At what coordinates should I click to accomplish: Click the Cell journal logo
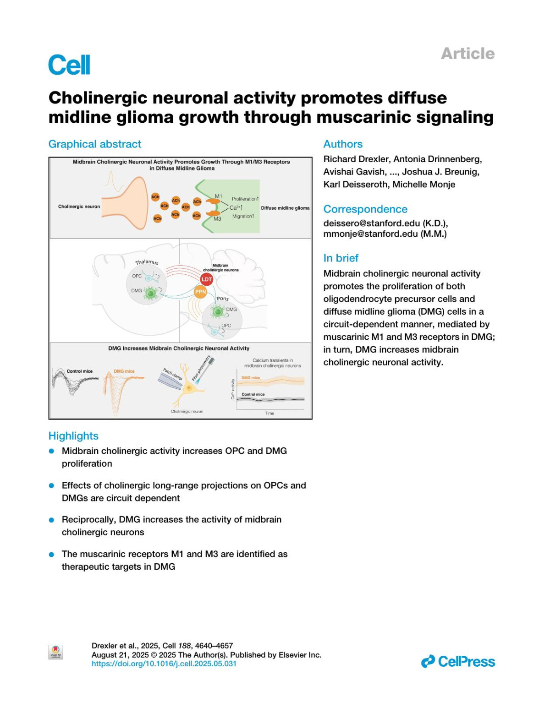point(69,65)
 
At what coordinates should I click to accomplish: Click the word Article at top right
point(467,54)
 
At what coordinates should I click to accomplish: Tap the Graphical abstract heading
point(95,144)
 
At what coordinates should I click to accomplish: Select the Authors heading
point(343,144)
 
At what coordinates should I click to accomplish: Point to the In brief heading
point(341,258)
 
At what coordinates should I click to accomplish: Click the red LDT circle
point(207,279)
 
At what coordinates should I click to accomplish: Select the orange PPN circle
point(200,292)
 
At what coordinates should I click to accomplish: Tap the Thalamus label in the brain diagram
point(147,262)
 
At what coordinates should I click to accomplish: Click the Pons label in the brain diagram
point(223,299)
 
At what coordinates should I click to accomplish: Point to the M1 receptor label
point(218,196)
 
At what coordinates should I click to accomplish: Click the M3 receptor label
point(217,219)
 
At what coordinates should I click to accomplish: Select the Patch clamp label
point(173,374)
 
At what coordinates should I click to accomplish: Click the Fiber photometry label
point(201,369)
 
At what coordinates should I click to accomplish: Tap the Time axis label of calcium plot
point(269,413)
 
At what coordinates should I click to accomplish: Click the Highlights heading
point(73,436)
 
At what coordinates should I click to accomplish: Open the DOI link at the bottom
point(164,664)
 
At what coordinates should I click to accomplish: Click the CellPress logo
point(458,661)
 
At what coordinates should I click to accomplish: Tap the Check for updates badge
point(55,652)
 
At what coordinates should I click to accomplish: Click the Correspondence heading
point(365,209)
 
